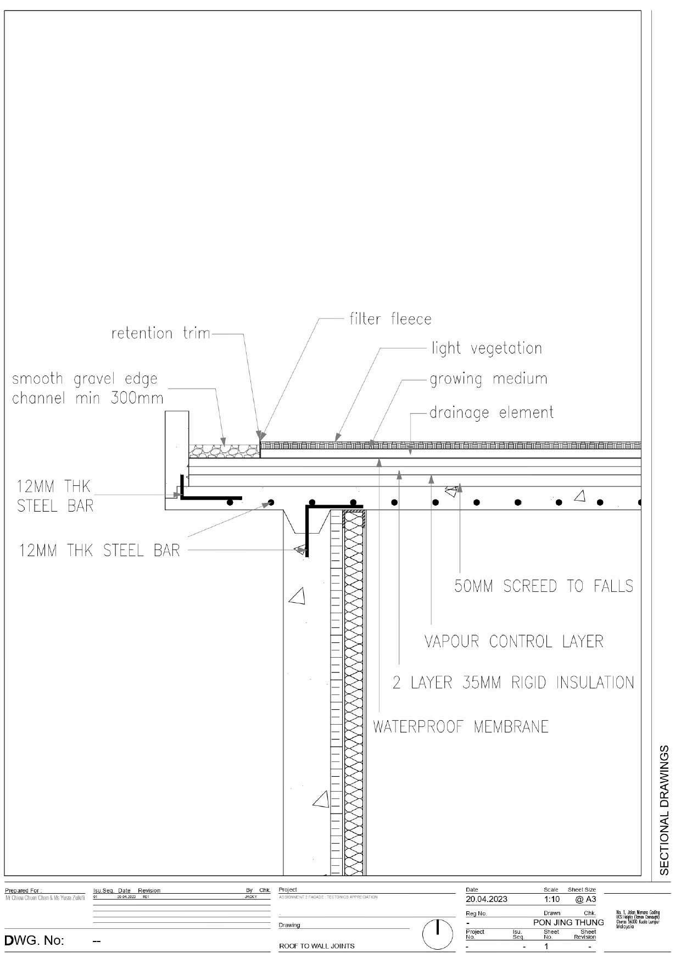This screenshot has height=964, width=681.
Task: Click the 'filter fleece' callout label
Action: tap(390, 319)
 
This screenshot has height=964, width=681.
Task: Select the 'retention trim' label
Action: tap(161, 333)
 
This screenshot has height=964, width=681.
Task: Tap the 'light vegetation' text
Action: tap(487, 348)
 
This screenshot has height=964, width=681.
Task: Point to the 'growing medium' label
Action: tap(488, 379)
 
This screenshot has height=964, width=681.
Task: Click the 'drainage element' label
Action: tap(492, 412)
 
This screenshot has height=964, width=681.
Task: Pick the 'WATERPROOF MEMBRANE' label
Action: tap(461, 727)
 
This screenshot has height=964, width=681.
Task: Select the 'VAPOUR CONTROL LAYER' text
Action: tap(514, 641)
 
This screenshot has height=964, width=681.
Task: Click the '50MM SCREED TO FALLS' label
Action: tap(544, 586)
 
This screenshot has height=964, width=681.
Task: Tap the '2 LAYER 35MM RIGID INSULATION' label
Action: tap(513, 682)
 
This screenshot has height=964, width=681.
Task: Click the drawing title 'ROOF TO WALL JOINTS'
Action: tap(317, 946)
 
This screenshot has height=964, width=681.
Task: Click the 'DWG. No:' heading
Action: tap(34, 941)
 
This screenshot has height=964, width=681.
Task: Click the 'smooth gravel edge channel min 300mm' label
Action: tap(87, 388)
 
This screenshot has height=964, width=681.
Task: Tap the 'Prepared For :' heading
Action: tap(23, 890)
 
